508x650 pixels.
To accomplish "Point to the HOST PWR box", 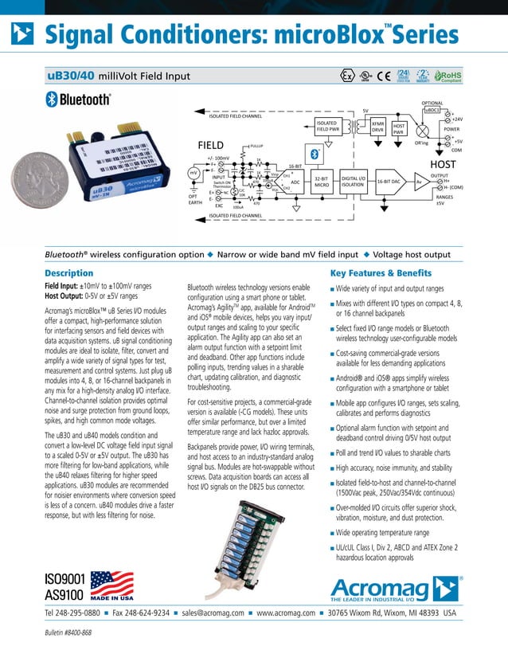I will pyautogui.click(x=400, y=128).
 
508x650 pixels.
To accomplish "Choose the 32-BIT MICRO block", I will pyautogui.click(x=322, y=182).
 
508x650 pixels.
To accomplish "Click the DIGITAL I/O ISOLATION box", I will pyautogui.click(x=353, y=182).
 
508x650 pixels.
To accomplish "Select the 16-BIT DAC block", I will pyautogui.click(x=393, y=182).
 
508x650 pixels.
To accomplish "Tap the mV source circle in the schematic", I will pyautogui.click(x=193, y=172).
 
